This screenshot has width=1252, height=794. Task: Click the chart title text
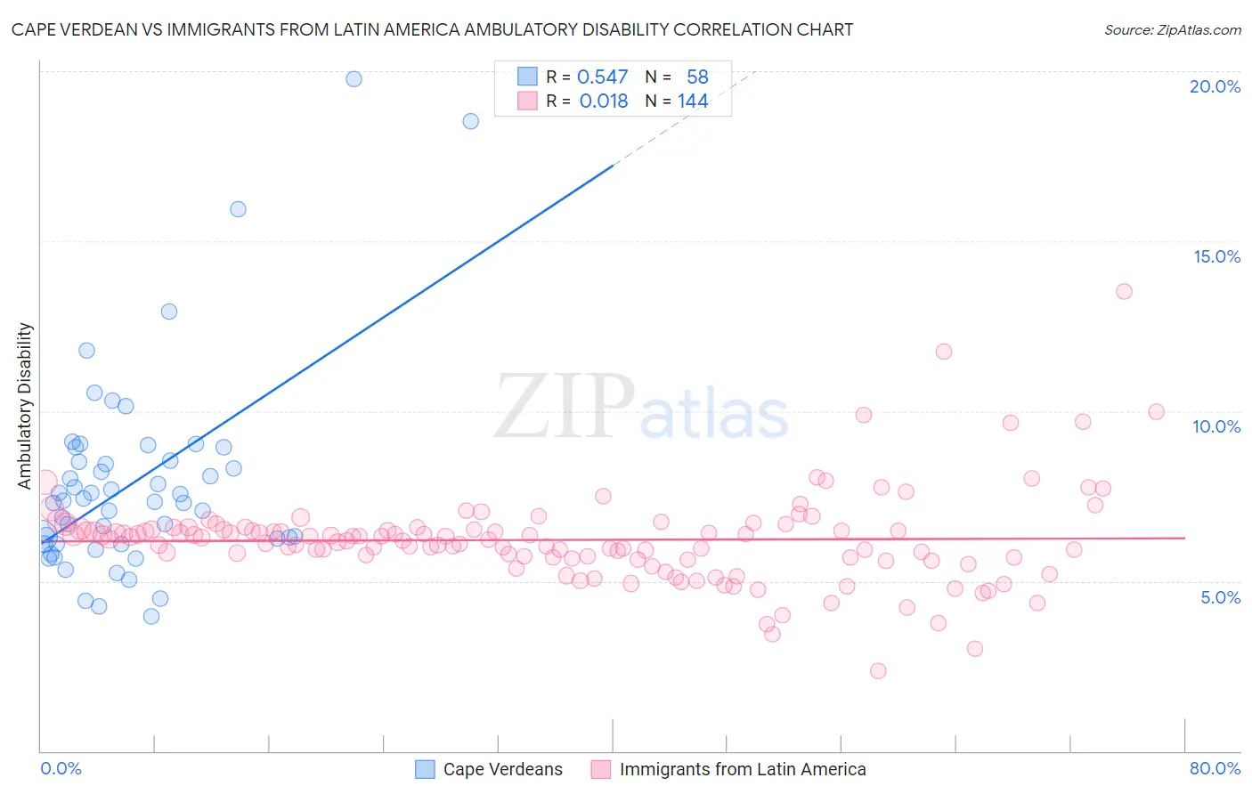point(432,29)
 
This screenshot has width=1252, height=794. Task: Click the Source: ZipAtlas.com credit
point(1172,29)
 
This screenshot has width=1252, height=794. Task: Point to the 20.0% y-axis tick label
point(1215,86)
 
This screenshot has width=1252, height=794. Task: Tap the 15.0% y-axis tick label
point(1216,256)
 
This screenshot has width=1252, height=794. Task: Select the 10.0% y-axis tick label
point(1216,426)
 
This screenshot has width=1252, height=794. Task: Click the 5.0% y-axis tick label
point(1220,597)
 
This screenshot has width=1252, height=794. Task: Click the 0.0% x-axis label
point(61,768)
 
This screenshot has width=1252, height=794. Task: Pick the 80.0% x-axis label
point(1215,768)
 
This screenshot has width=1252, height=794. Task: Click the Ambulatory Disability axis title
point(25,405)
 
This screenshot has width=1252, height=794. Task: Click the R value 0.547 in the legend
point(602,77)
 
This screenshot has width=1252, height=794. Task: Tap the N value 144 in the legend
point(693,101)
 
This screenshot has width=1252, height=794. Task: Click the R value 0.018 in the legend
point(604,101)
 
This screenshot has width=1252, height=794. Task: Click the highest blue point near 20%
point(354,78)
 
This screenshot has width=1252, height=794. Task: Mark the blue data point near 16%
point(238,209)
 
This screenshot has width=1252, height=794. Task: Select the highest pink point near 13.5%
point(1124,291)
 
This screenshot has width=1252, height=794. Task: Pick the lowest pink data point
point(878,671)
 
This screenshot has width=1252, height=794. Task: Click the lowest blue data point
point(151,616)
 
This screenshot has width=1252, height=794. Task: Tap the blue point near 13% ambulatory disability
point(169,312)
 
